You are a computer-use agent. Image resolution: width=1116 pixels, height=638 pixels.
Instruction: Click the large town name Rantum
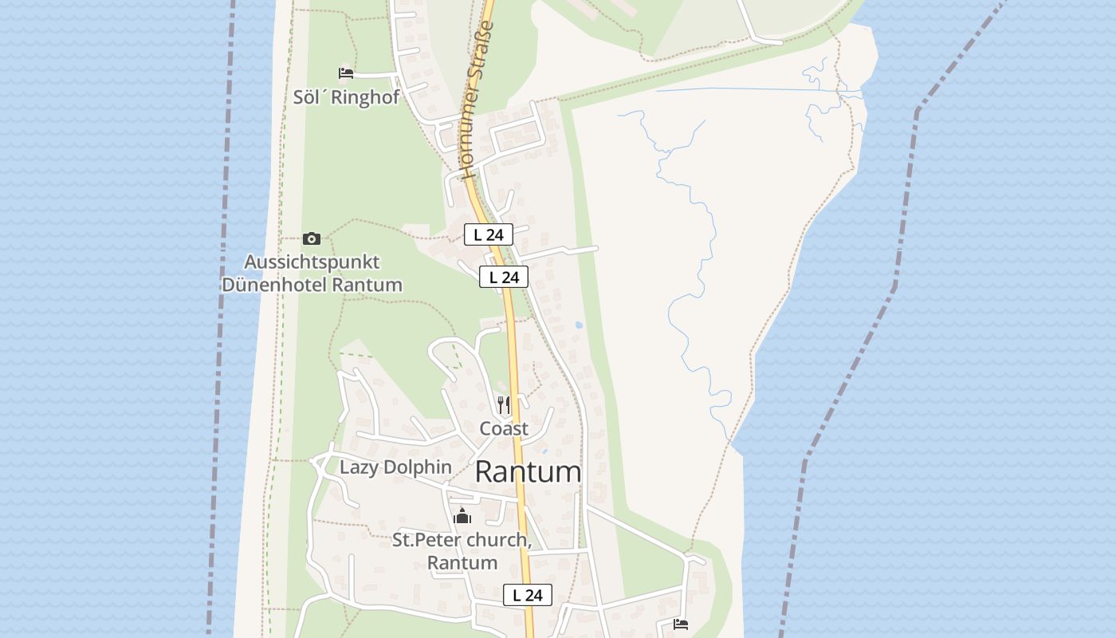pyautogui.click(x=528, y=471)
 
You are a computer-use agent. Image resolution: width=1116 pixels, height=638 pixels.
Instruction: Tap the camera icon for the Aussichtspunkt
pyautogui.click(x=312, y=238)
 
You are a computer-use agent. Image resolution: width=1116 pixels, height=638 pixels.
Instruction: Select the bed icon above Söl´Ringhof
pyautogui.click(x=346, y=73)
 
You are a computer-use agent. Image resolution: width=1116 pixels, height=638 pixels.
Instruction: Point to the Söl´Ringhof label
pyautogui.click(x=346, y=97)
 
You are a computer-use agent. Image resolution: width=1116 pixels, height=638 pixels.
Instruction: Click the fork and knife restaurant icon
pyautogui.click(x=504, y=405)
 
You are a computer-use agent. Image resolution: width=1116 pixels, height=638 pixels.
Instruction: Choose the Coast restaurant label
pyautogui.click(x=504, y=428)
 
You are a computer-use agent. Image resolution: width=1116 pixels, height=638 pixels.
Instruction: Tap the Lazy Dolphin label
pyautogui.click(x=395, y=467)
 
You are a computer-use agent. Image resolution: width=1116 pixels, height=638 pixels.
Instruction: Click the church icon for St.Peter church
pyautogui.click(x=462, y=517)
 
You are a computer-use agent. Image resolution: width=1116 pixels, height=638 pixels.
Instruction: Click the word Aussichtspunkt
pyautogui.click(x=312, y=262)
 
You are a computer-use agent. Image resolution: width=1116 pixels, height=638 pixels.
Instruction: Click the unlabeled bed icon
pyautogui.click(x=681, y=624)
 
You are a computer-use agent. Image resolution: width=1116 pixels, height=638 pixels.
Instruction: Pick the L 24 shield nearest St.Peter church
pyautogui.click(x=527, y=595)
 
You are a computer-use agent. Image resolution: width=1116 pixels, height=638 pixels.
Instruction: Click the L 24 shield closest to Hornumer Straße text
pyautogui.click(x=488, y=234)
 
